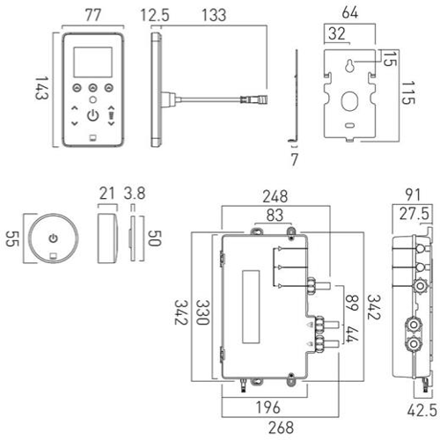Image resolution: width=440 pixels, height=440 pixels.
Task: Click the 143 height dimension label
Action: tap(41, 88)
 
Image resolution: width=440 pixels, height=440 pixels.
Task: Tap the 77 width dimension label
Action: tap(93, 15)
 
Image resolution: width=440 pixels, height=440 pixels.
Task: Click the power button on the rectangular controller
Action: tap(93, 115)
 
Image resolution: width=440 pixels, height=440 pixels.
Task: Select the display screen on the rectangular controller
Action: tap(92, 62)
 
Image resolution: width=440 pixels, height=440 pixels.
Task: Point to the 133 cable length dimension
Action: tap(214, 15)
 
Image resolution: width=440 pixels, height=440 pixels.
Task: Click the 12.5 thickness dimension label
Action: tap(155, 15)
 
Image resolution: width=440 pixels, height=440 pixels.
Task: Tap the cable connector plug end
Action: tap(254, 99)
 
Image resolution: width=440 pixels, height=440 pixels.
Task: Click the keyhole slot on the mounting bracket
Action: tap(349, 66)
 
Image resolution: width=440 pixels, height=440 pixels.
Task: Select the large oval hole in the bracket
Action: tap(349, 101)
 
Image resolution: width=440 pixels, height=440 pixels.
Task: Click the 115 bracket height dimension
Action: tap(407, 93)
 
